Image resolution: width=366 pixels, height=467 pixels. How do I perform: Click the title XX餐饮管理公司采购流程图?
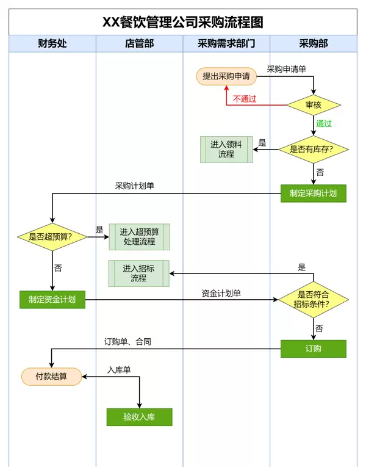point(183,22)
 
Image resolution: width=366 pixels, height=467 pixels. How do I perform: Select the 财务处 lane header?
point(52,43)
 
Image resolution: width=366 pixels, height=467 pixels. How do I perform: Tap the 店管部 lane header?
point(139,43)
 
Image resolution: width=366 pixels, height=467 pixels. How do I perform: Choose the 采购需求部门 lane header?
point(226,43)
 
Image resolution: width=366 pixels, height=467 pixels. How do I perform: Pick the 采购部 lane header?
point(314,43)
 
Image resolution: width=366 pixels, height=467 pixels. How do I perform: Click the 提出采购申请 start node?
point(226,76)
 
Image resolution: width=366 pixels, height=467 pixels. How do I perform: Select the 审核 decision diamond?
point(314,105)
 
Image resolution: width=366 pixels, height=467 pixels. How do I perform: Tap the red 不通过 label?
point(245,99)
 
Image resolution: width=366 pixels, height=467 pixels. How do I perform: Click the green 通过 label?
point(324,123)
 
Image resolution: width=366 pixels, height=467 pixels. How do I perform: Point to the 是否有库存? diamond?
point(314,150)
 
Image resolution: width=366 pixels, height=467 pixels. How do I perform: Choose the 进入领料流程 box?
point(226,150)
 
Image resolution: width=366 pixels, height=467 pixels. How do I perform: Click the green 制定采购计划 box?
point(314,194)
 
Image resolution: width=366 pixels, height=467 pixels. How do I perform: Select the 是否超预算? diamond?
point(52,236)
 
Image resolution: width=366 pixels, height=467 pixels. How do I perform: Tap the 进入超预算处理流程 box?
point(139,237)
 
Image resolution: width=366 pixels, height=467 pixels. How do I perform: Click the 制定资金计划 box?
point(52,299)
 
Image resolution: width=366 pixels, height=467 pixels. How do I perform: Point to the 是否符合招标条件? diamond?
point(314,299)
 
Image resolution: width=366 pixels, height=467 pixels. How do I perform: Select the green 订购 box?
point(314,349)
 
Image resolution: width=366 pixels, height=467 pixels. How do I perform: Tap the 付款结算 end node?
point(52,377)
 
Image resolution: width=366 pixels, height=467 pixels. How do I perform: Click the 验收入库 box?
point(139,417)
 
